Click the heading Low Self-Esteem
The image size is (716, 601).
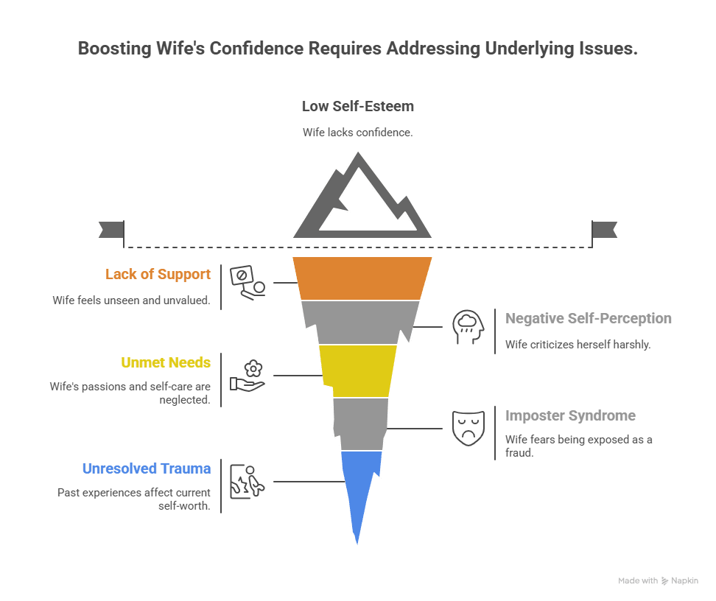coord(357,106)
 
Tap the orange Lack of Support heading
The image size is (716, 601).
coord(158,275)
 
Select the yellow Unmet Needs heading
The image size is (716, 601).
coord(166,362)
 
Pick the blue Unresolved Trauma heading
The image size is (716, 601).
coord(147,468)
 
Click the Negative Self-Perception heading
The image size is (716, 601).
coord(588,318)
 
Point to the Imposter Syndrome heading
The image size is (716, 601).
coord(569,415)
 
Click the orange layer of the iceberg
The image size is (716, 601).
coord(362,278)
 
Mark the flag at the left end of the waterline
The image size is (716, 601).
coord(110,230)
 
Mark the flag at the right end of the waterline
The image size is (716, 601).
coord(606,230)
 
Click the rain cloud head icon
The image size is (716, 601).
coord(468,327)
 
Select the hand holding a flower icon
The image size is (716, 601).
coord(248,375)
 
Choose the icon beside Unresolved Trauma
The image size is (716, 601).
coord(248,482)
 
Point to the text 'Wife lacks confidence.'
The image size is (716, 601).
coord(357,133)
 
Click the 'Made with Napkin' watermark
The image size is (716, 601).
coord(657,581)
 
